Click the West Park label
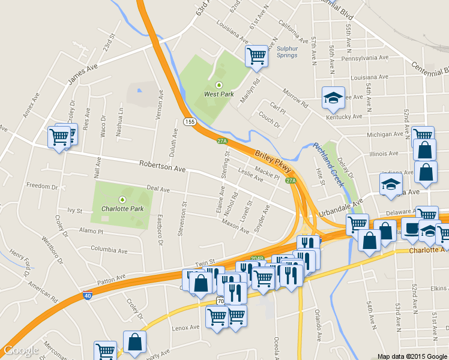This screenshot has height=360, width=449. pos(219,94)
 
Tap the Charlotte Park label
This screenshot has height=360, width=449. pos(122,209)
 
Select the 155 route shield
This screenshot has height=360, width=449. pos(190,122)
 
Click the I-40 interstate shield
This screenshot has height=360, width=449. pos(88,295)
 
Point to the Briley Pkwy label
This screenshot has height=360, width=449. pos(273,161)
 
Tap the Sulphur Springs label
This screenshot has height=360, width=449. pos(287,52)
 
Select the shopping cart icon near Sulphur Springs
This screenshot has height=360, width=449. pos(256,55)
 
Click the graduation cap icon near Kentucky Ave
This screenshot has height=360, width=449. pos(331,98)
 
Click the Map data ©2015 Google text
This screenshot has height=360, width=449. pos(412,356)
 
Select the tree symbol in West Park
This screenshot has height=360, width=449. pos(219,85)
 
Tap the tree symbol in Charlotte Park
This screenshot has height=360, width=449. pos(122,199)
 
